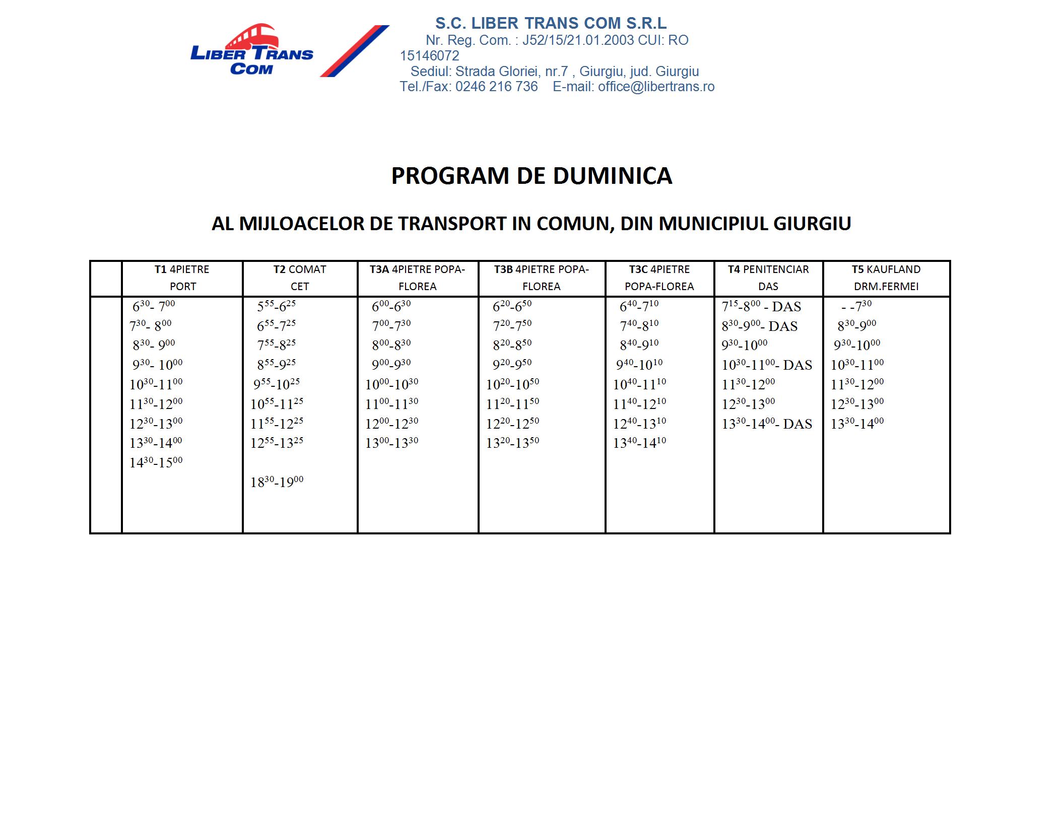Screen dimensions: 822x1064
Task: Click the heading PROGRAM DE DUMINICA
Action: (x=531, y=176)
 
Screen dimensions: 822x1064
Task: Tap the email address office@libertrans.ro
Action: (x=656, y=87)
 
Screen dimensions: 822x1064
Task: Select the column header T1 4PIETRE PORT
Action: (x=182, y=278)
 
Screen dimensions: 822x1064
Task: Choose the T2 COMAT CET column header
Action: (x=300, y=278)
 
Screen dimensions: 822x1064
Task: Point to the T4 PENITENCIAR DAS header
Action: (x=768, y=278)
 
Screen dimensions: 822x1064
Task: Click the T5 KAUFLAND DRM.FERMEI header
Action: (x=886, y=278)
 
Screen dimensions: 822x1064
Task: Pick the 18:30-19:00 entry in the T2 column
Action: (x=277, y=482)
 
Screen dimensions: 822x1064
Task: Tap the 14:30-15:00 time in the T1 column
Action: (x=156, y=462)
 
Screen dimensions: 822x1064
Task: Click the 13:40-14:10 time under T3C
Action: (x=639, y=443)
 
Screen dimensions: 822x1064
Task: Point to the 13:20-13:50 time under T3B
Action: (x=512, y=443)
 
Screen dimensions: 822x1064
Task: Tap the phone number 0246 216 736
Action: (x=496, y=87)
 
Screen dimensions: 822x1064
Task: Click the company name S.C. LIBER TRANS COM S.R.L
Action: (x=551, y=23)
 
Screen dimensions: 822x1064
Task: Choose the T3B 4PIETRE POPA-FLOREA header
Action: (x=542, y=278)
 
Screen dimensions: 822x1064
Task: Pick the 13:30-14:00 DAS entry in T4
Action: (x=767, y=424)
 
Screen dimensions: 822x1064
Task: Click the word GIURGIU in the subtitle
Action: (x=812, y=224)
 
